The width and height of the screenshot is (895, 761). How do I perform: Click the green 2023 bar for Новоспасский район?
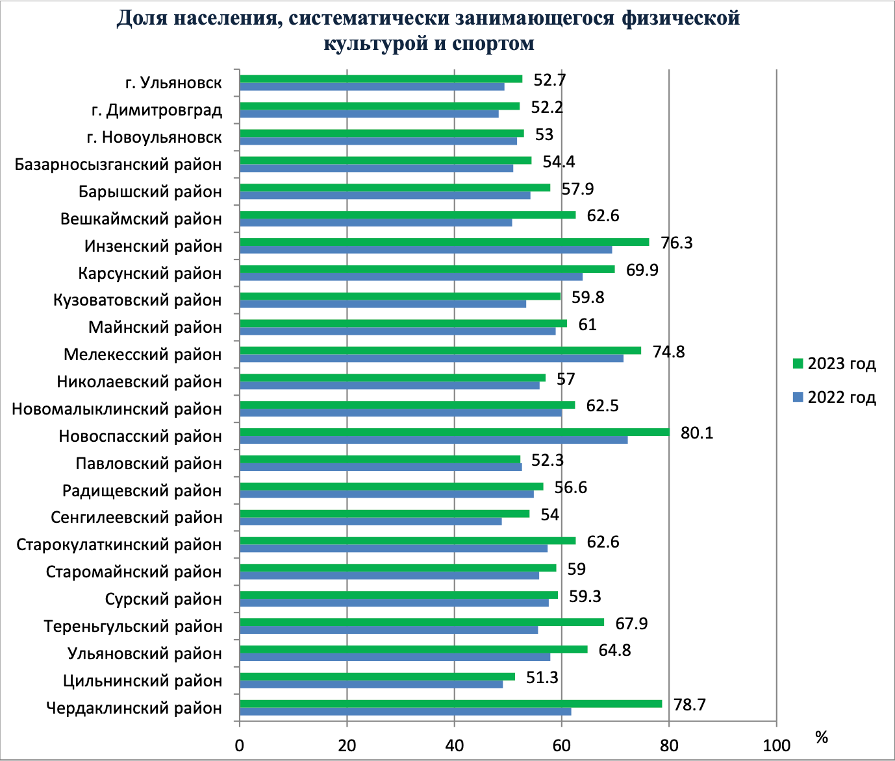coord(454,432)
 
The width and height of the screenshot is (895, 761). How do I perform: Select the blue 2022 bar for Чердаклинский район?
coord(405,711)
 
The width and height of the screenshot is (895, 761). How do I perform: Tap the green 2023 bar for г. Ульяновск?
coord(381,79)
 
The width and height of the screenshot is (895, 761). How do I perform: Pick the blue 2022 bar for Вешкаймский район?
coord(375,223)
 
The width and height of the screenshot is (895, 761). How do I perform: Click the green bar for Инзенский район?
coord(444,242)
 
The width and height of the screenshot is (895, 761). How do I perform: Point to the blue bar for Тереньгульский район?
coord(388,630)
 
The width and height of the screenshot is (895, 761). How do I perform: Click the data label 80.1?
coord(696,433)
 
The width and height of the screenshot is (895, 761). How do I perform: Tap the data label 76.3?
coord(676,243)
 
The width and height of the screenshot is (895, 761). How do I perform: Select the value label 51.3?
coord(542,677)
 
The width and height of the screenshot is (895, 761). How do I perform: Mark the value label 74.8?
coord(668,352)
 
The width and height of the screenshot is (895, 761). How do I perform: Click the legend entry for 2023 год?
coord(835,363)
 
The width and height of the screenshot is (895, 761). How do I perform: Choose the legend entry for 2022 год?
coord(835,397)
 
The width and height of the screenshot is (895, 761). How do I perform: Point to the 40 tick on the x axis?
coord(454,745)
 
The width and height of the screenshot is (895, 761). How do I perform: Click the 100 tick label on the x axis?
coord(775,745)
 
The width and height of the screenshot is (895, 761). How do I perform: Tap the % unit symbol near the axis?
coord(822,737)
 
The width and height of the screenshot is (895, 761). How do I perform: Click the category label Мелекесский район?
coord(142,355)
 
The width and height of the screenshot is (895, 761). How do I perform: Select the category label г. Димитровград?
coord(157,110)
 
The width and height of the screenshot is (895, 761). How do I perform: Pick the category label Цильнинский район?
coord(142,681)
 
